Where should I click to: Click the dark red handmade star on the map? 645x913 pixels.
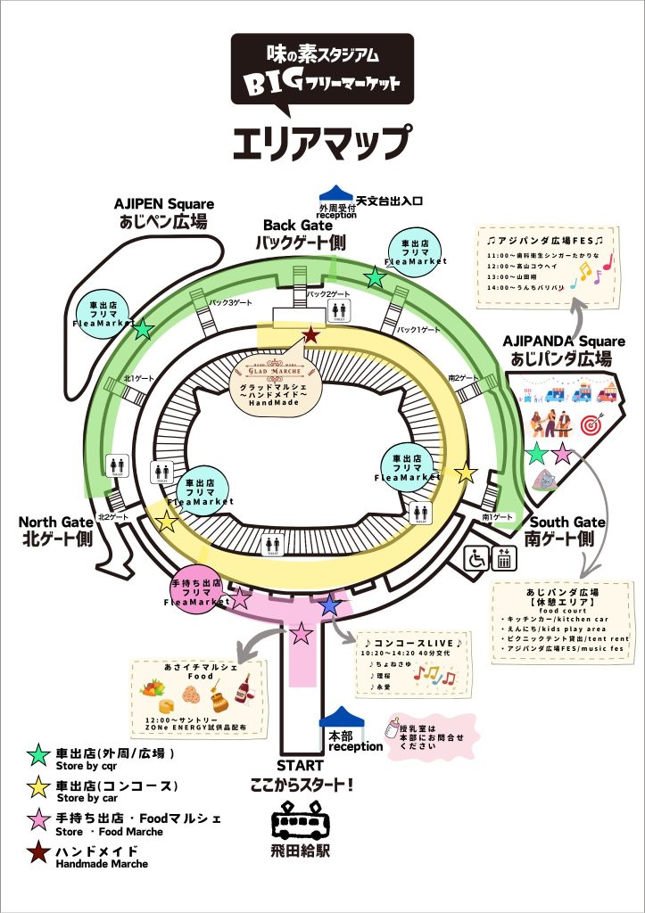(x=310, y=335)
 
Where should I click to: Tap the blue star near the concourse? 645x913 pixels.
(x=330, y=605)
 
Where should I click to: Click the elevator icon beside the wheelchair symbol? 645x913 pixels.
(x=503, y=559)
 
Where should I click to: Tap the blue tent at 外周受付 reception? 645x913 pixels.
(x=337, y=193)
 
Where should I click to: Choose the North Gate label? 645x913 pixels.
(x=56, y=531)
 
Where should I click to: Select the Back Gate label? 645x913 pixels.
(x=300, y=234)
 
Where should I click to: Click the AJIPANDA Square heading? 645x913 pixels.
(x=557, y=350)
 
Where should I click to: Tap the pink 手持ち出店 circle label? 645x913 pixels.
(x=197, y=592)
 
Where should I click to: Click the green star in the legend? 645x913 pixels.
(x=38, y=754)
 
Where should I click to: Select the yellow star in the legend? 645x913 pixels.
(x=38, y=786)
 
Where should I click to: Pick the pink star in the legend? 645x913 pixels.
(x=38, y=819)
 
